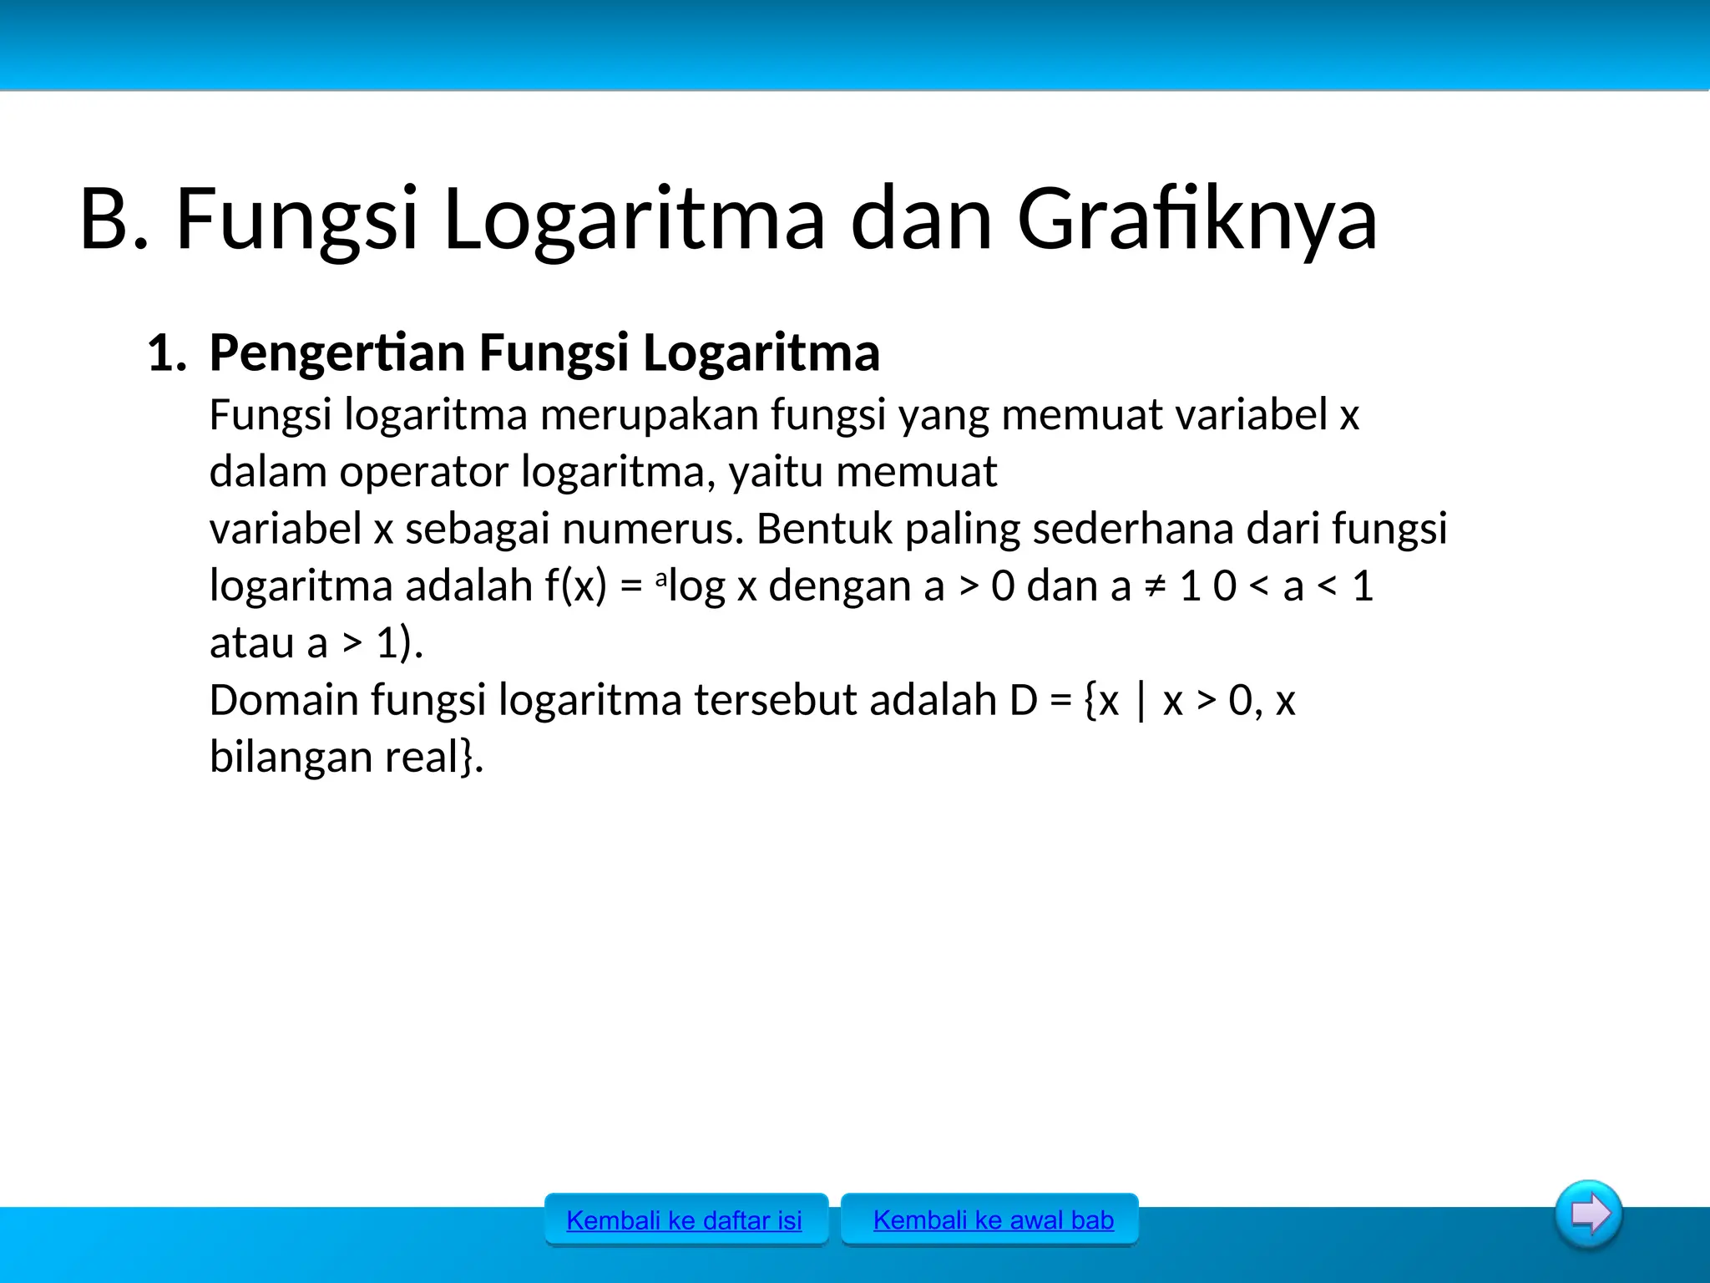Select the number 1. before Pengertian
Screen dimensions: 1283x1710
(x=166, y=353)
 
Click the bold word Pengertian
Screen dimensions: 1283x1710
(x=336, y=353)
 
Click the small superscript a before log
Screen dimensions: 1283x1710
(x=661, y=577)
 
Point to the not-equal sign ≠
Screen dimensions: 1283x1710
(x=1155, y=586)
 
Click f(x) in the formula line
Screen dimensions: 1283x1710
(x=575, y=586)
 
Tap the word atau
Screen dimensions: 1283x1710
(x=251, y=643)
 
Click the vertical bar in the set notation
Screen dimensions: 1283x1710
(x=1141, y=702)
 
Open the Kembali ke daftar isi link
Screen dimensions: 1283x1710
(x=684, y=1220)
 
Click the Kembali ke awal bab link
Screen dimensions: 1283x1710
(x=993, y=1220)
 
